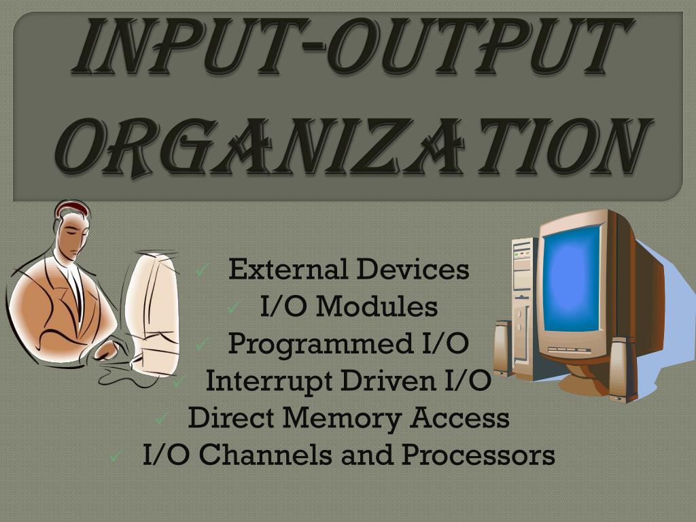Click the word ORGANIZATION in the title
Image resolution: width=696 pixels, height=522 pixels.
(353, 147)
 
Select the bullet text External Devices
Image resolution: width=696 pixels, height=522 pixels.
(349, 269)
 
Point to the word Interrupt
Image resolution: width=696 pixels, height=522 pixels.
(269, 381)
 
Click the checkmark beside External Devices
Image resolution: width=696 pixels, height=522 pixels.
(201, 271)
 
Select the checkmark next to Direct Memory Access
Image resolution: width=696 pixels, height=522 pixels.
(161, 419)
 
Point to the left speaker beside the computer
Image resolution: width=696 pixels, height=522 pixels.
(501, 347)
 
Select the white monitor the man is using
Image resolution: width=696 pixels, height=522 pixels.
(154, 306)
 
